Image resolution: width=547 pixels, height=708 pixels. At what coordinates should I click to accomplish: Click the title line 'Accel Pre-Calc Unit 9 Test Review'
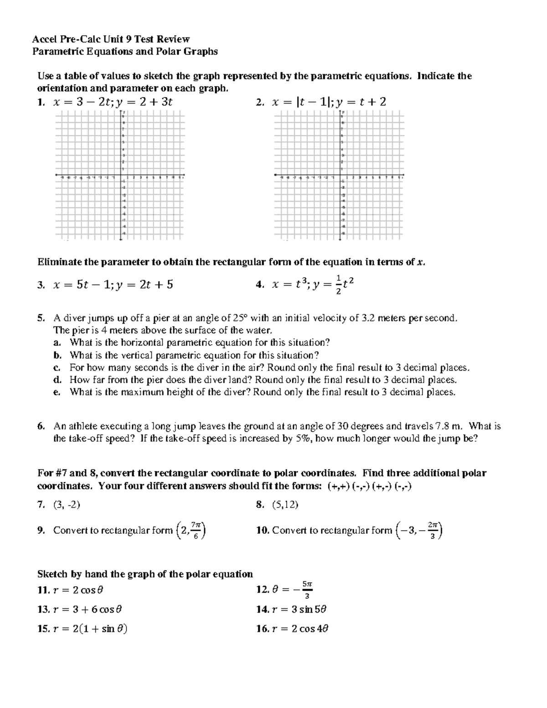click(x=111, y=39)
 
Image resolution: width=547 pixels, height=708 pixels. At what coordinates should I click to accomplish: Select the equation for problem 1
click(x=113, y=102)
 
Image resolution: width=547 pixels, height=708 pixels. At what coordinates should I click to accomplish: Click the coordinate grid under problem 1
click(x=120, y=176)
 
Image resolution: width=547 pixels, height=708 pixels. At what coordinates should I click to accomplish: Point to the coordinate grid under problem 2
click(x=340, y=176)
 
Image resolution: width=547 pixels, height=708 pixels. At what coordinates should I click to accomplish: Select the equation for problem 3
click(x=113, y=285)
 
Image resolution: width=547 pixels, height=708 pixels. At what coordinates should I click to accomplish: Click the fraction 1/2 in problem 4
click(x=338, y=285)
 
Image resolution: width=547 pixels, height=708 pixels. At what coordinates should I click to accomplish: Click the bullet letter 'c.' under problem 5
click(x=57, y=367)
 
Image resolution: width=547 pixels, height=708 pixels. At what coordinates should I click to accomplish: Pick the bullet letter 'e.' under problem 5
click(x=57, y=392)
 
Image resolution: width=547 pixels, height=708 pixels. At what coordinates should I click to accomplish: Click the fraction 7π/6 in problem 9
click(x=195, y=530)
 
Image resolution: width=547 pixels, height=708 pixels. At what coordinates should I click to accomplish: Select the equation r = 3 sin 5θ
click(x=299, y=609)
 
